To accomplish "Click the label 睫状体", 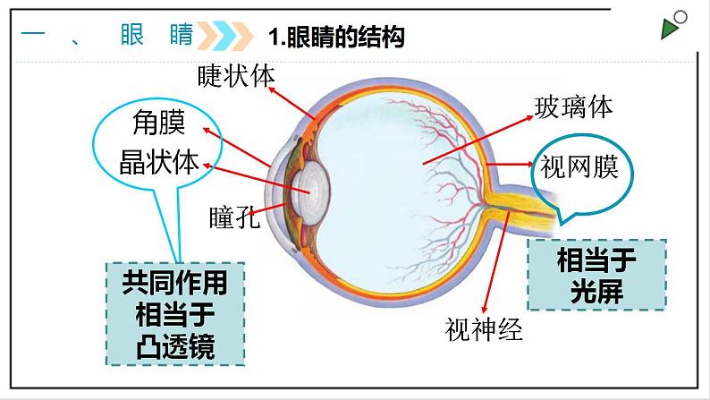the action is (236, 75).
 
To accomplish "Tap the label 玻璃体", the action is (573, 107).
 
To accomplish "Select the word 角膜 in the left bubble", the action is (146, 121).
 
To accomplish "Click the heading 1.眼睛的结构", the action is (336, 37).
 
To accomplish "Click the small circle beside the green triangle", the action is (682, 17).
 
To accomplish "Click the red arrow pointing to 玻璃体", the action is (475, 140).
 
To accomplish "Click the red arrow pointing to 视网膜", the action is (511, 166).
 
